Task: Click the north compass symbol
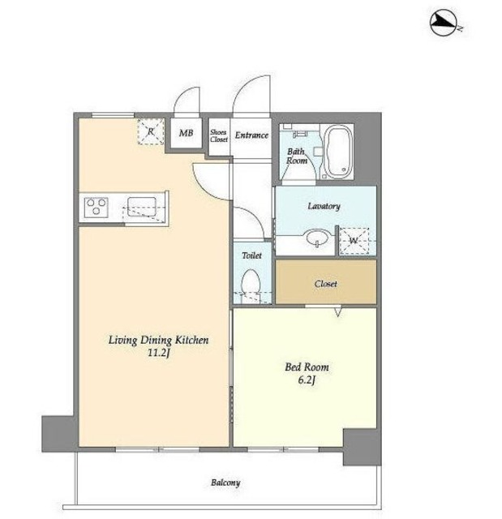click(x=444, y=23)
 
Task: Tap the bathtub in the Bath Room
click(x=337, y=152)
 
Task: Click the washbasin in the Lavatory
click(x=317, y=238)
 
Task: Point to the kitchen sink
click(x=142, y=207)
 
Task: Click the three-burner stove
click(x=97, y=208)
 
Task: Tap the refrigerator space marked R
click(x=151, y=131)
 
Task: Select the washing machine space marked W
click(x=354, y=241)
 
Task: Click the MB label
click(x=186, y=133)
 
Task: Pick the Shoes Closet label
click(x=219, y=135)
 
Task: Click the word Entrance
click(x=251, y=135)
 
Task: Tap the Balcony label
click(x=225, y=483)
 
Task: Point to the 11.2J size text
click(x=158, y=353)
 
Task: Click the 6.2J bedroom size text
click(x=307, y=380)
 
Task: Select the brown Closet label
click(x=326, y=284)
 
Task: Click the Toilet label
click(x=252, y=255)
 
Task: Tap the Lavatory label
click(x=324, y=206)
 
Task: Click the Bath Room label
click(x=297, y=156)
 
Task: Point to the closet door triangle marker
click(x=337, y=312)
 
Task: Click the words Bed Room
click(x=307, y=367)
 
